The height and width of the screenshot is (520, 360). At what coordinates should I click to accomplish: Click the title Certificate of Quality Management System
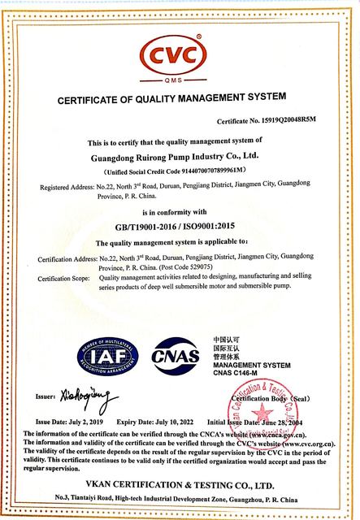tap(174, 99)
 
